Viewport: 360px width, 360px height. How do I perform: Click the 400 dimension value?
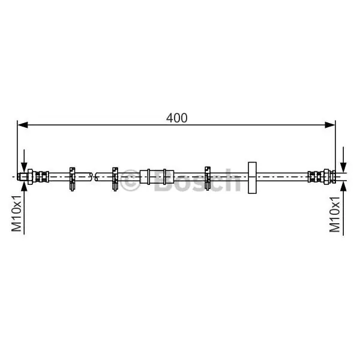176,118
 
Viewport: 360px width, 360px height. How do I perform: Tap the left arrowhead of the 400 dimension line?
23,125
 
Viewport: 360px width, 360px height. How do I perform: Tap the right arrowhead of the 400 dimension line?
330,125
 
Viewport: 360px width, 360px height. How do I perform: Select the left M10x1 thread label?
17,214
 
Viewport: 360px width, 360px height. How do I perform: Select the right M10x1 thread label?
335,214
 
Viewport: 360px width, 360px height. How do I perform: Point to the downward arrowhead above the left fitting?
24,167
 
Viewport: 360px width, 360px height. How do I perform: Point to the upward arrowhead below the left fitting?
24,186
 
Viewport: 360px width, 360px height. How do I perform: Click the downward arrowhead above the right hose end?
343,167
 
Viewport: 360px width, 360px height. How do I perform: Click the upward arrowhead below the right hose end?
343,186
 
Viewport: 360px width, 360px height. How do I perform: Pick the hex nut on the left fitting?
31,176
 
